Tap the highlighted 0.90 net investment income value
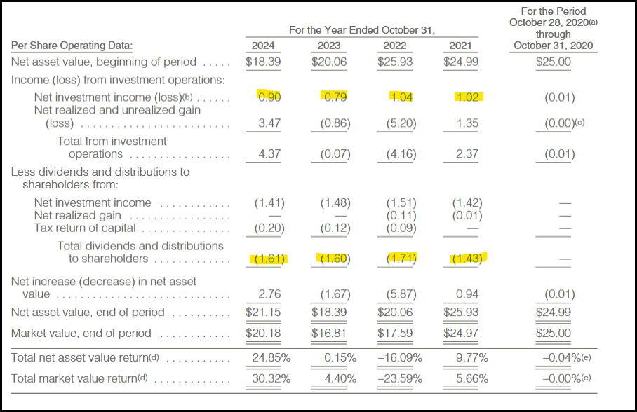point(269,97)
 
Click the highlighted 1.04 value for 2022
point(401,97)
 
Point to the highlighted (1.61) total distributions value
point(269,259)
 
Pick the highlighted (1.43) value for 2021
point(467,259)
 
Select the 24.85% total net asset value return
point(271,357)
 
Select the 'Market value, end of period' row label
point(81,333)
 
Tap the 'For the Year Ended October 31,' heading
point(362,30)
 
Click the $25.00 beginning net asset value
point(553,62)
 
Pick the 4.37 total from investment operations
point(269,154)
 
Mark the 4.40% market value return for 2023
point(339,379)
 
